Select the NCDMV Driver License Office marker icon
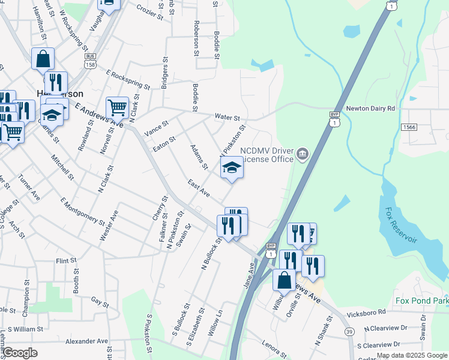303,155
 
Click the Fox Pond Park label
421,300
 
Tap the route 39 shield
349,332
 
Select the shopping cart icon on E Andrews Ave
117,108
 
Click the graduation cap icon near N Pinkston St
231,168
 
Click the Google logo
20,353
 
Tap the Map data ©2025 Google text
412,355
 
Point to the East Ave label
197,188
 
